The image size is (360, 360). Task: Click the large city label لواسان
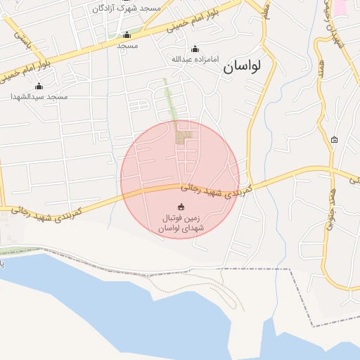coord(242,67)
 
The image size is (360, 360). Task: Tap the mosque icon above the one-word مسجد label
coord(127,34)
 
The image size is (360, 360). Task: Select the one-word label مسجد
coord(127,45)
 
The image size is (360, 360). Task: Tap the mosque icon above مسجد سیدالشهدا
coord(39,86)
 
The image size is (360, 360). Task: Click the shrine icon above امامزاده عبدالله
coord(195,49)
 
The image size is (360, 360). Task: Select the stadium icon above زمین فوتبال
coord(181,207)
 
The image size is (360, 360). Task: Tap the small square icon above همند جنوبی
coord(334,139)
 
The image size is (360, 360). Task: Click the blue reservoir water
coord(105,309)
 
